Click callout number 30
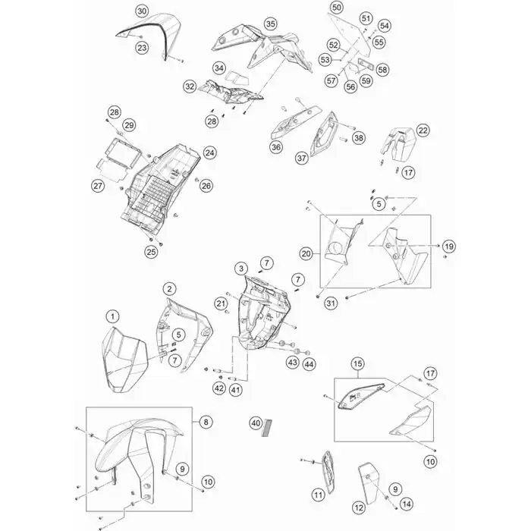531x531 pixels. (142, 11)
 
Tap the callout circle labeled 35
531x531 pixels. (270, 24)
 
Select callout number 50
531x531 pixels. (338, 7)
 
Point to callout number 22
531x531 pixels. (423, 130)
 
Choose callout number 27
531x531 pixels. (96, 186)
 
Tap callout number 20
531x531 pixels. (306, 253)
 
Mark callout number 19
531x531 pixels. (449, 247)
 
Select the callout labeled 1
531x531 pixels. (112, 316)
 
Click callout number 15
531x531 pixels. (357, 366)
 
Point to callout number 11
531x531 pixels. (318, 495)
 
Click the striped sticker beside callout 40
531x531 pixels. (266, 429)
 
